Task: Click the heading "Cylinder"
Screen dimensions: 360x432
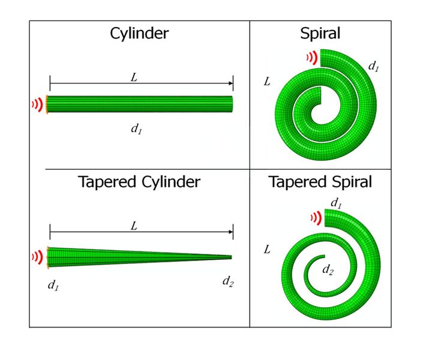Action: coord(139,34)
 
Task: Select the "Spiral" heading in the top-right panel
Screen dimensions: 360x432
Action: coord(320,34)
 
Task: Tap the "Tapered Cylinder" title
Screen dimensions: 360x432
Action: coord(139,182)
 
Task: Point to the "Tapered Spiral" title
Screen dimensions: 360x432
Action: coord(320,182)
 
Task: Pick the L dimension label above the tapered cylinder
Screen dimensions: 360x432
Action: coord(134,226)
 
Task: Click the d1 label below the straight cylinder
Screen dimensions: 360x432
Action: coord(136,128)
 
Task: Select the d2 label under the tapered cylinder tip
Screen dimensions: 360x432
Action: coord(227,281)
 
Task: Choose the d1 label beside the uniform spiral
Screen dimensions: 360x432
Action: coord(374,67)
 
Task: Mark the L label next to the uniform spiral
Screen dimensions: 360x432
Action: coord(267,81)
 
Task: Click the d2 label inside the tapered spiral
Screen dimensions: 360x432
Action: coord(328,270)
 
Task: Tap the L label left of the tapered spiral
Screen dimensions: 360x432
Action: coord(267,248)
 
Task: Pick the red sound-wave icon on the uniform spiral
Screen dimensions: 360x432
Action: coord(311,57)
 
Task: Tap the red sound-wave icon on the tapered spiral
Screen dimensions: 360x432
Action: coord(316,217)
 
